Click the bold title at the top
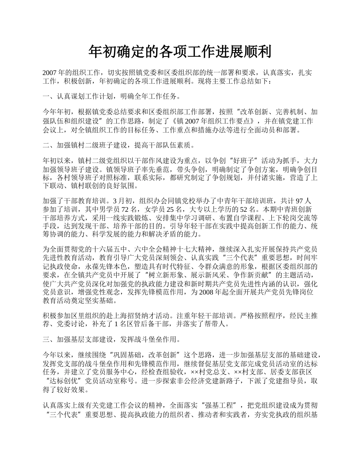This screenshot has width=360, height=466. pyautogui.click(x=180, y=52)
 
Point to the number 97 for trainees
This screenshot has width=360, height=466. pyautogui.click(x=299, y=201)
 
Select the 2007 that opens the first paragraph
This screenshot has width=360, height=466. pyautogui.click(x=50, y=73)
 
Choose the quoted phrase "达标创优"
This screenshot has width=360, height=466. pyautogui.click(x=64, y=381)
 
